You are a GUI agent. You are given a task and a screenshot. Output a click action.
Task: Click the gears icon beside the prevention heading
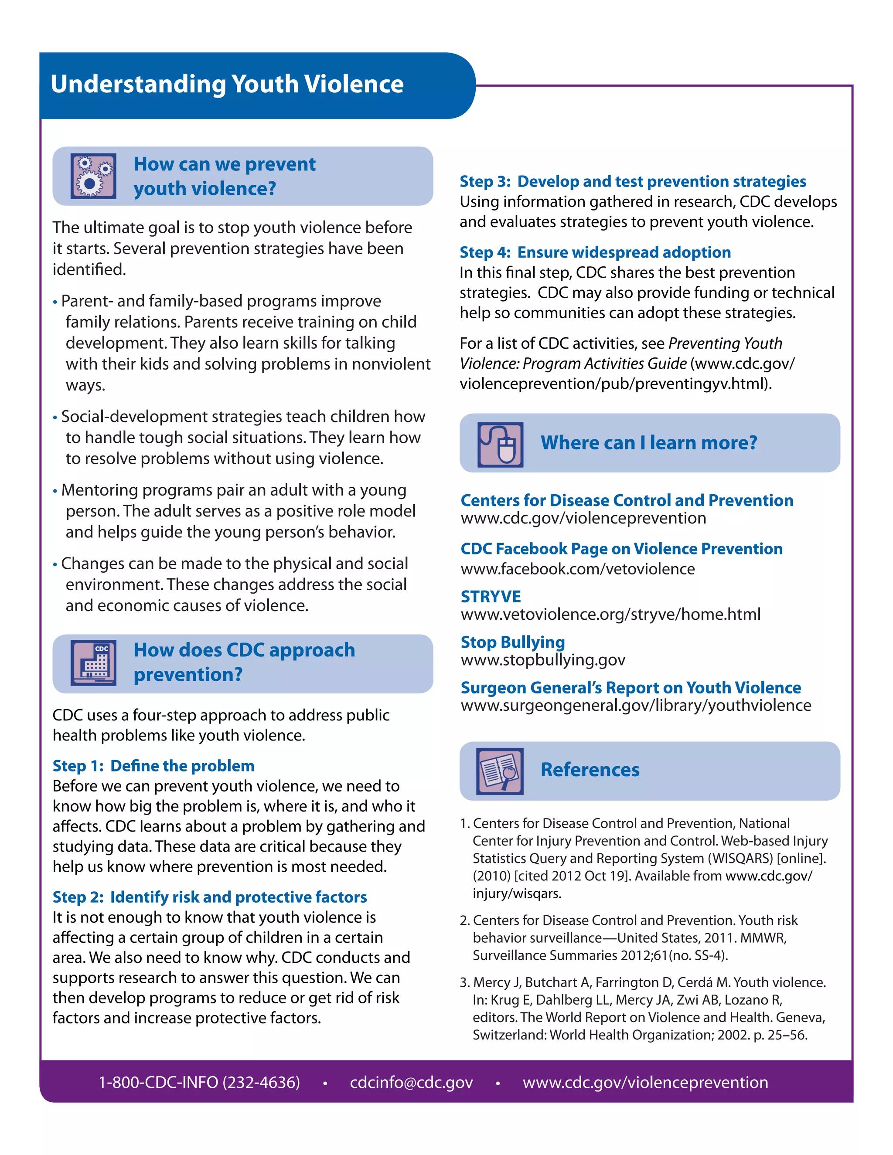point(93,176)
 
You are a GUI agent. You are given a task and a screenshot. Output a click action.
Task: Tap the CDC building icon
point(93,663)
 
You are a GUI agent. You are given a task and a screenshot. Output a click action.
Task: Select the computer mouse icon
point(500,444)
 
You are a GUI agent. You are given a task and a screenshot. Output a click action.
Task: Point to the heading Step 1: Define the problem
point(153,766)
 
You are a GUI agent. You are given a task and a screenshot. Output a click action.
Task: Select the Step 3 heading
point(633,181)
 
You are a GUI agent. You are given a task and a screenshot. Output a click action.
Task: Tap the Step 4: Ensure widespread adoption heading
point(595,252)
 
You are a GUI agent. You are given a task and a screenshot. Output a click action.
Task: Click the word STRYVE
point(491,597)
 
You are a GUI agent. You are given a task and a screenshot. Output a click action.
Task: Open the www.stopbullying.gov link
point(543,660)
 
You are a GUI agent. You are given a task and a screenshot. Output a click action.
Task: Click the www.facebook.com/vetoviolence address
point(578,569)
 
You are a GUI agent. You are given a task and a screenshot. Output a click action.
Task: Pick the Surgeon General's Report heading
point(631,687)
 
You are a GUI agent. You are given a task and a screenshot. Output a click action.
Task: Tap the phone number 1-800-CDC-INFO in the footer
point(199,1082)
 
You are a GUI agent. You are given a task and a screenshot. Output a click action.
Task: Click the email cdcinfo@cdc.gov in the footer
point(411,1082)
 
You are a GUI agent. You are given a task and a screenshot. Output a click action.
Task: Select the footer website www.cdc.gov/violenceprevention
point(645,1082)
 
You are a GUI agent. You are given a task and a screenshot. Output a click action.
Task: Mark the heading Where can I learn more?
point(648,443)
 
